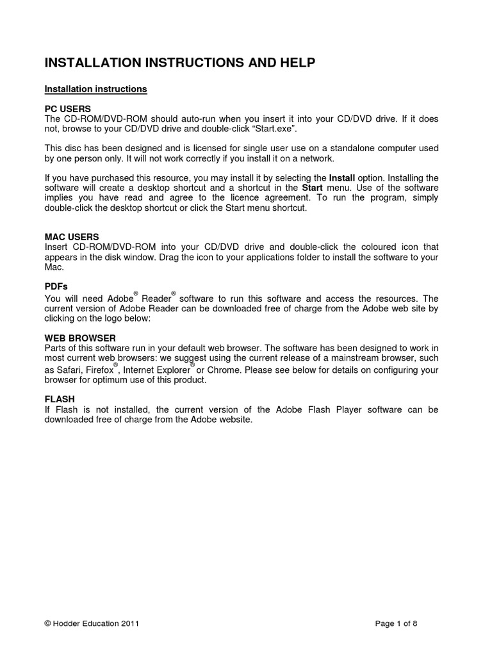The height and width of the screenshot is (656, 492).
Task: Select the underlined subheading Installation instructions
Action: [96, 89]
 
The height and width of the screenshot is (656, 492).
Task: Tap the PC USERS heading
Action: [68, 109]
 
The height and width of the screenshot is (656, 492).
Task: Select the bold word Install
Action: [341, 177]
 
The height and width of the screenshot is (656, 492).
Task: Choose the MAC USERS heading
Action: [72, 237]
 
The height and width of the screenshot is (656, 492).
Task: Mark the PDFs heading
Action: [56, 286]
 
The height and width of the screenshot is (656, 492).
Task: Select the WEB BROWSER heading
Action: [80, 338]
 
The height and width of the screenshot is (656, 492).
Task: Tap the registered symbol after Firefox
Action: [115, 365]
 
